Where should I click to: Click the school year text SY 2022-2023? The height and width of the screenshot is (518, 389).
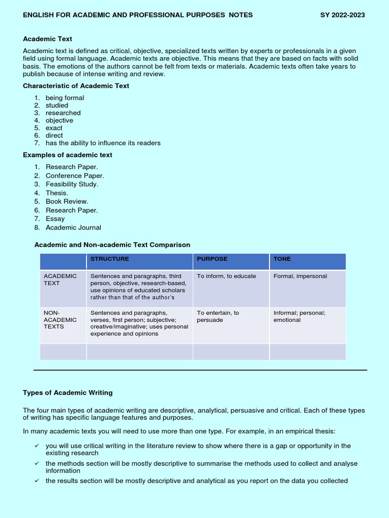[342, 15]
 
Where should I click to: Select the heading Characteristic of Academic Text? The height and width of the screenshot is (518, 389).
[76, 86]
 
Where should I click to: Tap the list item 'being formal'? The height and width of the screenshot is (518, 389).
[65, 98]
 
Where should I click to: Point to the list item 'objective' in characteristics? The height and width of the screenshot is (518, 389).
[59, 120]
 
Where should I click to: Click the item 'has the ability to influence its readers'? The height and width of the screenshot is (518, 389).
[103, 143]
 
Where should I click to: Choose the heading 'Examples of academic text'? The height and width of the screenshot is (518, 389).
[68, 155]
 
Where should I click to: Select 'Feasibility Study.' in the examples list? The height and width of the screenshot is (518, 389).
[72, 184]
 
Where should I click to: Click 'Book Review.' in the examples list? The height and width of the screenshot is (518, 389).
[67, 201]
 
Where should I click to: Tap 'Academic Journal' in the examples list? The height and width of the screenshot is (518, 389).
[73, 228]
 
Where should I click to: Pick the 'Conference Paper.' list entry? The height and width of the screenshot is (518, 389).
[75, 176]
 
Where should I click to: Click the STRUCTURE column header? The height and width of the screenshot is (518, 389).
[110, 259]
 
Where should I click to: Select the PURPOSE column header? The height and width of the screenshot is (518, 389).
[212, 259]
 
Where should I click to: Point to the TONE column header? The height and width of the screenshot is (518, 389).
[282, 259]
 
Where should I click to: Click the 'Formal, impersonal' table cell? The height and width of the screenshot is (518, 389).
[300, 276]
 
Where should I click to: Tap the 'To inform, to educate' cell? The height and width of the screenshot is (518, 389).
[226, 276]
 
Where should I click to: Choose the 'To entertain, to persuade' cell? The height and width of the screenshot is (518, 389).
[218, 316]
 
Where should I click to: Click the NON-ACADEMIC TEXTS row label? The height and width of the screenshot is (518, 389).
[60, 320]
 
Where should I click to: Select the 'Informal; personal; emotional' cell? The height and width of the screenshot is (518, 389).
[299, 316]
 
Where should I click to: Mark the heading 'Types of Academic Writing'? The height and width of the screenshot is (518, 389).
[68, 393]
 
